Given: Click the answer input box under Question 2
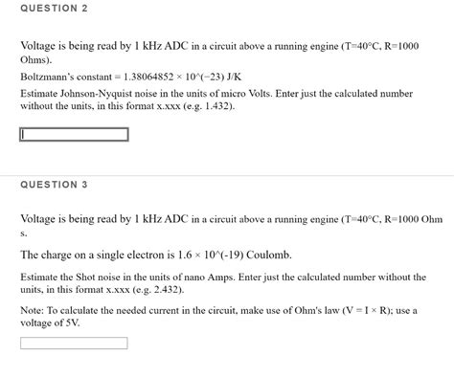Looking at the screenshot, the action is pyautogui.click(x=74, y=135).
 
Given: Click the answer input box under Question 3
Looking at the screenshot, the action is pyautogui.click(x=74, y=342).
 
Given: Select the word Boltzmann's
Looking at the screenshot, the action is pyautogui.click(x=50, y=75).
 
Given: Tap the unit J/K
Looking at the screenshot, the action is pyautogui.click(x=231, y=75).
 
